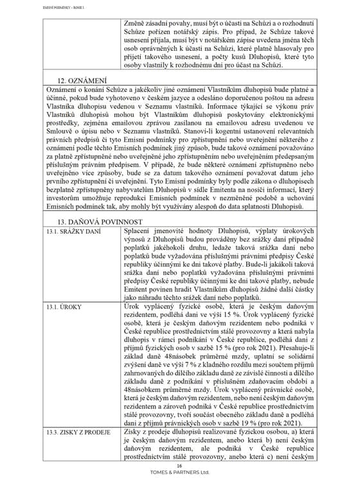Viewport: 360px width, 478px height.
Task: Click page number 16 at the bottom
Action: tap(179, 465)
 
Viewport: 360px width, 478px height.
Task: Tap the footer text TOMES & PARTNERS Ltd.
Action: tap(179, 472)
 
